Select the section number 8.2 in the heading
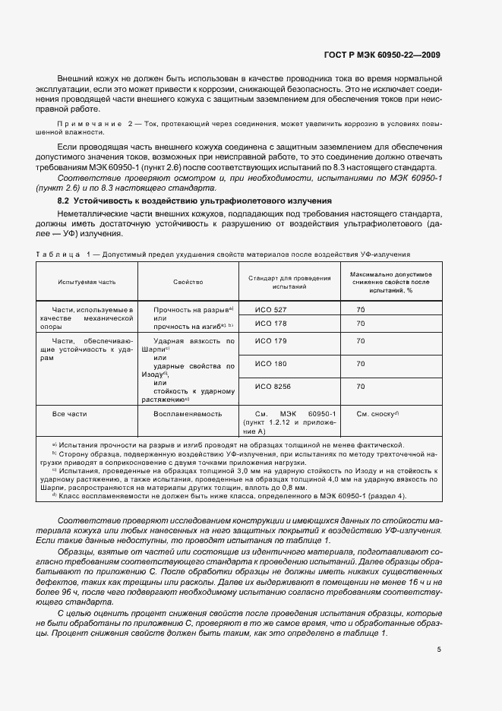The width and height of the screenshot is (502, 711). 64,201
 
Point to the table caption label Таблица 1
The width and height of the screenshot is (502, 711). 61,252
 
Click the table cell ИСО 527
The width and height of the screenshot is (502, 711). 271,310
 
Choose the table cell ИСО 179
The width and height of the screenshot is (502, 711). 271,341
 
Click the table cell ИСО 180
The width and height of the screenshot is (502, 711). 271,364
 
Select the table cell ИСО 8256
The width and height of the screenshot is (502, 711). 273,387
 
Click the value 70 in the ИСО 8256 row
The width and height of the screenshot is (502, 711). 361,387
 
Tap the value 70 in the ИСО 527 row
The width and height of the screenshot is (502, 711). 361,310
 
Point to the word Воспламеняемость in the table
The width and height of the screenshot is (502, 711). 188,414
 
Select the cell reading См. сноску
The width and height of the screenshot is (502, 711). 377,414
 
